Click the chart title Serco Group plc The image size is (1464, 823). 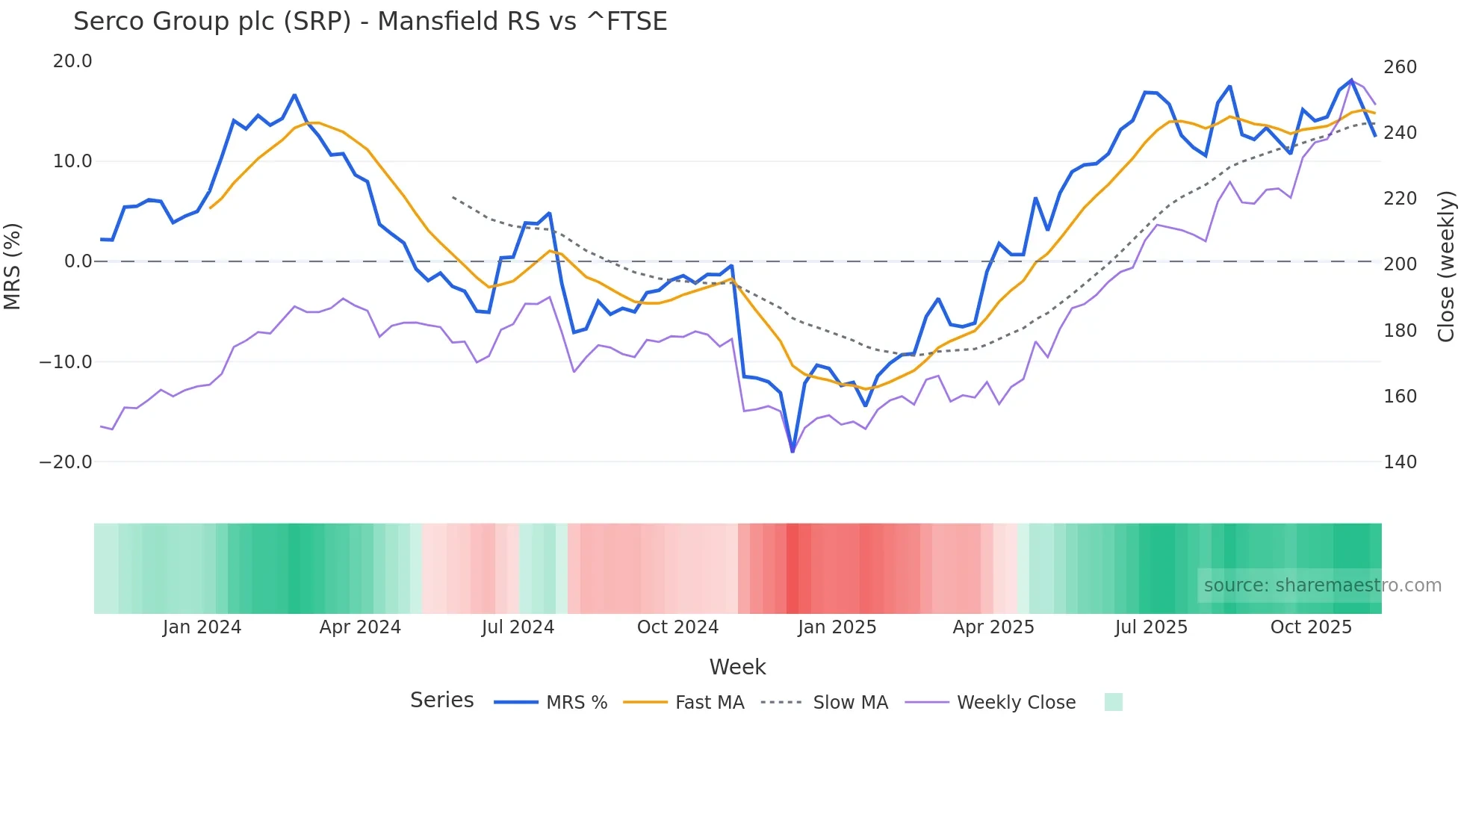pos(370,22)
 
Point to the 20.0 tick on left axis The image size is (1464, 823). pos(72,61)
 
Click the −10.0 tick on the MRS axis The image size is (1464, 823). pos(66,362)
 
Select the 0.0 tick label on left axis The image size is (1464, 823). pos(78,261)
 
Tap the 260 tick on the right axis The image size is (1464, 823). pos(1400,67)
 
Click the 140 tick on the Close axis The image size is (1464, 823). pos(1400,462)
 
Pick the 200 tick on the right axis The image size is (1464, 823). pos(1400,264)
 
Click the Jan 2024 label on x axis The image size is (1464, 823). pos(202,627)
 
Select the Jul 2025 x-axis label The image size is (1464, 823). pos(1151,627)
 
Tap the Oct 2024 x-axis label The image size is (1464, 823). pos(677,627)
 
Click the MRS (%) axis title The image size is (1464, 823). pos(13,266)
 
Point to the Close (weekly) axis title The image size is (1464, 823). pos(1446,266)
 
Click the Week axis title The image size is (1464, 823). pos(737,667)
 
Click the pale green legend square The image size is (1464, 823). pos(1113,703)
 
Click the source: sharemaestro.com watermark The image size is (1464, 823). pos(1322,586)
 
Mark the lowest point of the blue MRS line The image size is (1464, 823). pos(793,451)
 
